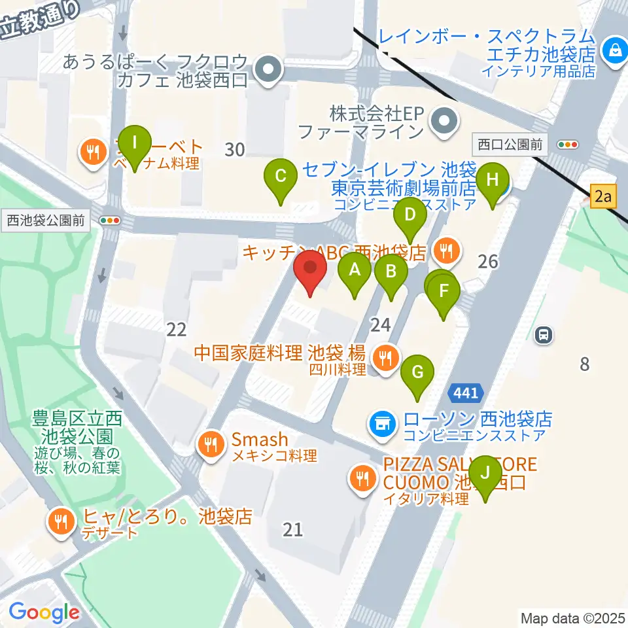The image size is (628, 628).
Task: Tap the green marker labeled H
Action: click(x=494, y=179)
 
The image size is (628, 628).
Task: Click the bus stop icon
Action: click(x=543, y=336)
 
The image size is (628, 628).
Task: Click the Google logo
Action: click(x=44, y=613)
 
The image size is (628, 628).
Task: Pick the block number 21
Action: click(x=292, y=529)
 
